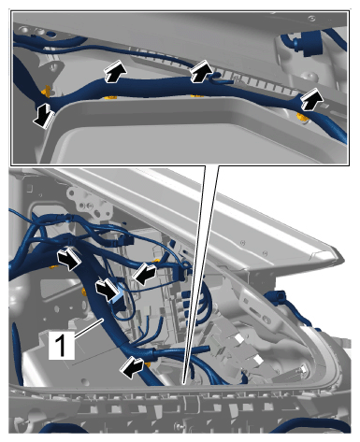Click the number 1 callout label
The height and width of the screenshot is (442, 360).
click(62, 345)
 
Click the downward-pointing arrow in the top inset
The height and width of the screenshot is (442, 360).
click(44, 116)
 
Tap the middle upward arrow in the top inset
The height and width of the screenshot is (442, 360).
click(201, 71)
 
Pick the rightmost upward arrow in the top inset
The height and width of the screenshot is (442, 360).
click(311, 99)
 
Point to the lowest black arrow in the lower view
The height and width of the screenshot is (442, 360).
click(132, 366)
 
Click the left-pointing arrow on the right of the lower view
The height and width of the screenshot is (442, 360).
click(144, 273)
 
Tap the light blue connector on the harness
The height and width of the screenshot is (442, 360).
click(117, 297)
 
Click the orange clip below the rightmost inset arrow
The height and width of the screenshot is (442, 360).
click(302, 118)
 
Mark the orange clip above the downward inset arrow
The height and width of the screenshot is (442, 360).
click(47, 91)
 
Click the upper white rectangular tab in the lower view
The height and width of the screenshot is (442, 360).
click(239, 338)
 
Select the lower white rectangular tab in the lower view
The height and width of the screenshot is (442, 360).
click(257, 360)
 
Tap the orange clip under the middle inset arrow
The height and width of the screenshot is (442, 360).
click(197, 94)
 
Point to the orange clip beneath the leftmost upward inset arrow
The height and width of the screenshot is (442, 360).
click(111, 97)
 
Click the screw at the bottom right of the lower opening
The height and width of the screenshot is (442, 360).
click(302, 370)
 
